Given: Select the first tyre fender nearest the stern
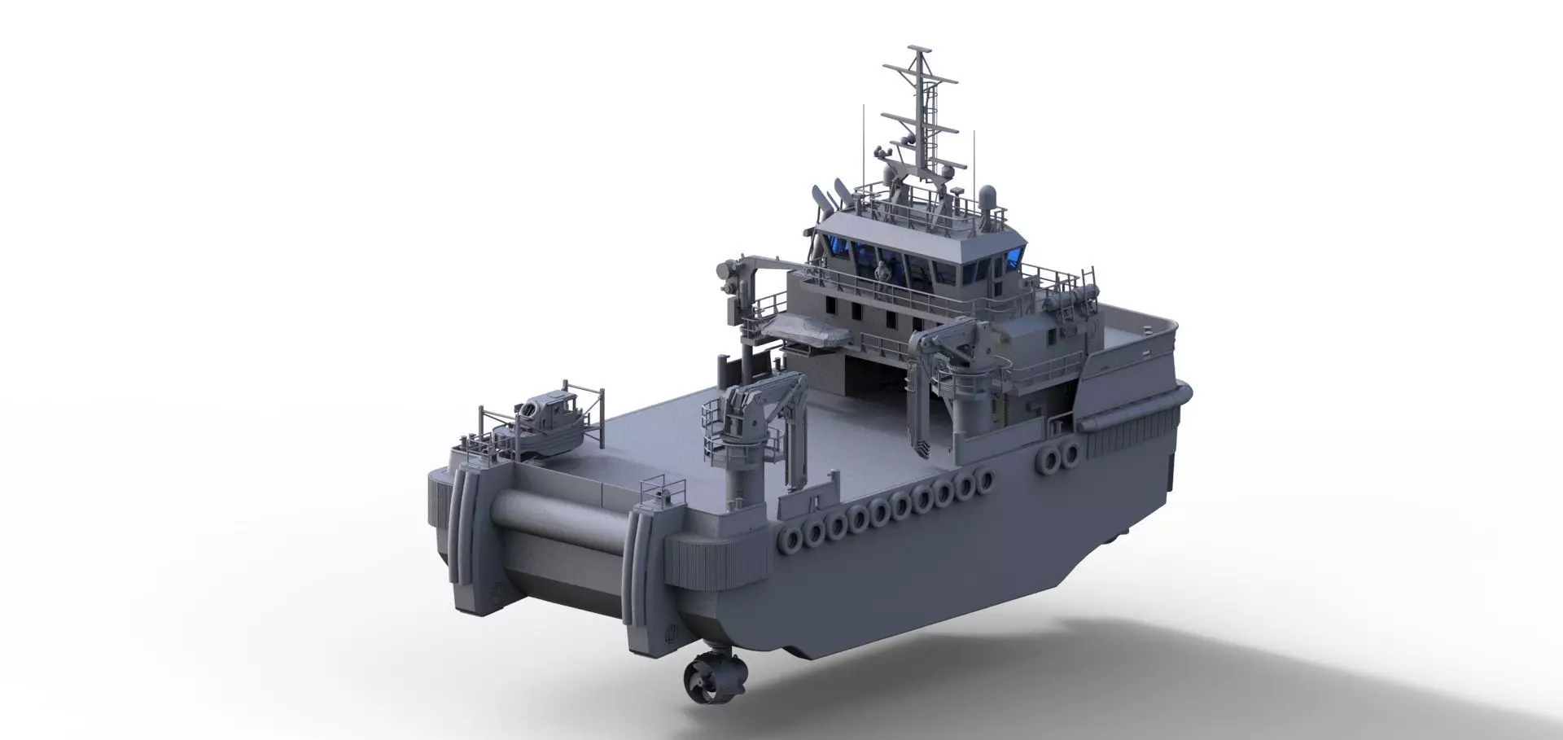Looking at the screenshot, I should [790, 536].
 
